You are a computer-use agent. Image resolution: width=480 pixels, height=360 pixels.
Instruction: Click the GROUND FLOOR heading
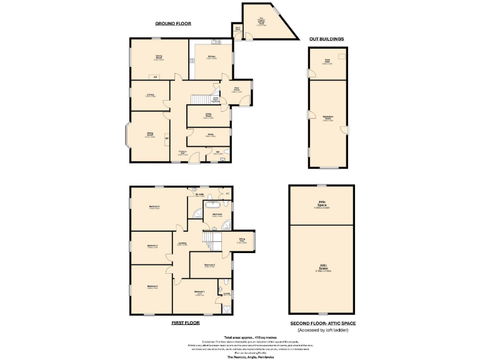[173, 24]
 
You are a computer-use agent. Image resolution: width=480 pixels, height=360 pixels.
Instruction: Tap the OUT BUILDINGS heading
[326, 39]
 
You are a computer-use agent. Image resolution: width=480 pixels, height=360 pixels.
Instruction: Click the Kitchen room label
[212, 57]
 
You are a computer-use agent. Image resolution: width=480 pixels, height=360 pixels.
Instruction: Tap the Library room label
[150, 96]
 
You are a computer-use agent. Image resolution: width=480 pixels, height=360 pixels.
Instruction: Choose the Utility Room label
[208, 116]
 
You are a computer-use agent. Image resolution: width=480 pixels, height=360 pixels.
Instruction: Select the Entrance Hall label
[182, 153]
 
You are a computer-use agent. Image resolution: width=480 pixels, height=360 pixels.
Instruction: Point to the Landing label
[182, 244]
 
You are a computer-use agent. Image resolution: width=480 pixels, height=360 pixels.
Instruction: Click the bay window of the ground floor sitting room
[127, 136]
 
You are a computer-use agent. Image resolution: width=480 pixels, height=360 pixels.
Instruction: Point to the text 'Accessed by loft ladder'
[322, 329]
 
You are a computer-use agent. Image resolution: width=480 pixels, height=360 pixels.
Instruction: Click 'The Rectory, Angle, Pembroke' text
[240, 356]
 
